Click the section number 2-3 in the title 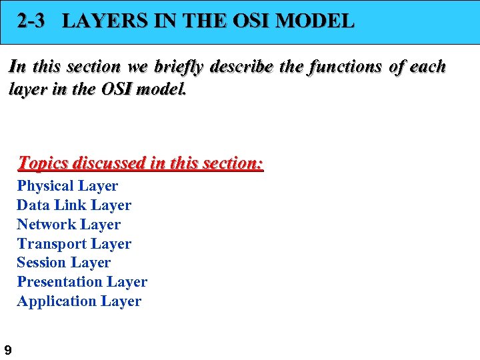pos(31,21)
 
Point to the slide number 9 pos(7,349)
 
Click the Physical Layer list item pos(67,186)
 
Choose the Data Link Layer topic pos(74,205)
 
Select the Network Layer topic pos(69,225)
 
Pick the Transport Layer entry pos(74,244)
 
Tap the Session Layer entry pos(63,263)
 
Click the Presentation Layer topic pos(82,282)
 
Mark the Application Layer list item pos(79,301)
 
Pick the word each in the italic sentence pos(427,67)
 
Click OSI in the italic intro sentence pos(117,88)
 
